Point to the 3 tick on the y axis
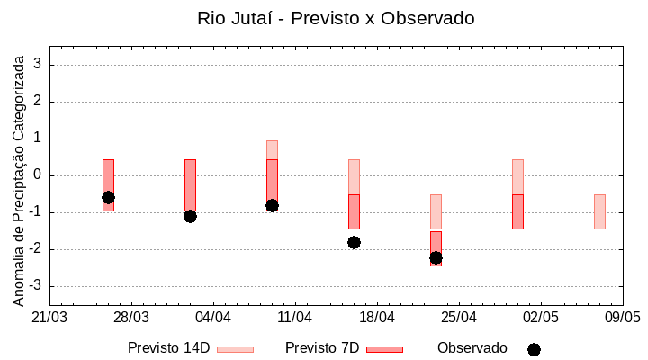point(39,64)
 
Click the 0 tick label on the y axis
point(39,175)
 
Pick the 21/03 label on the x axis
point(49,318)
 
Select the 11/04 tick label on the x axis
point(295,318)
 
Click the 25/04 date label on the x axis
point(459,318)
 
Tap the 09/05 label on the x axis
point(622,318)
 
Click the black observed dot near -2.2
point(436,257)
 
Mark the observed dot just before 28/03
point(108,197)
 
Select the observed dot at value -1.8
point(354,242)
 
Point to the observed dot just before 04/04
point(190,216)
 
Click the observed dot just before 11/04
point(272,205)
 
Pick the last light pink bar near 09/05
point(599,211)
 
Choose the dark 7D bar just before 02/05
point(517,211)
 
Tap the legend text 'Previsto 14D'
point(168,348)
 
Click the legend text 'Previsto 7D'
point(322,348)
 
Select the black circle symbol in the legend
point(534,349)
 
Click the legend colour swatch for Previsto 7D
point(384,349)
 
